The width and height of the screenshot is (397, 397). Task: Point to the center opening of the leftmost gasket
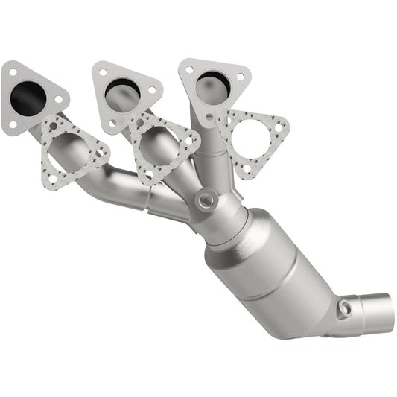click(x=72, y=147)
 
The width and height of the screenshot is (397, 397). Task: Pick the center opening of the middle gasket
click(x=159, y=141)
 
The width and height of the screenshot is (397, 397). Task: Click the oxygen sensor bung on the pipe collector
click(x=205, y=200)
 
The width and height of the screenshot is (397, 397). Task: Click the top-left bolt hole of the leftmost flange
click(x=11, y=72)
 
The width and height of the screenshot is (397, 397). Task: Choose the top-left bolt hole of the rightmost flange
click(x=189, y=69)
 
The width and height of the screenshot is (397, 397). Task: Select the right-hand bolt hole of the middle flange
click(x=151, y=89)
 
